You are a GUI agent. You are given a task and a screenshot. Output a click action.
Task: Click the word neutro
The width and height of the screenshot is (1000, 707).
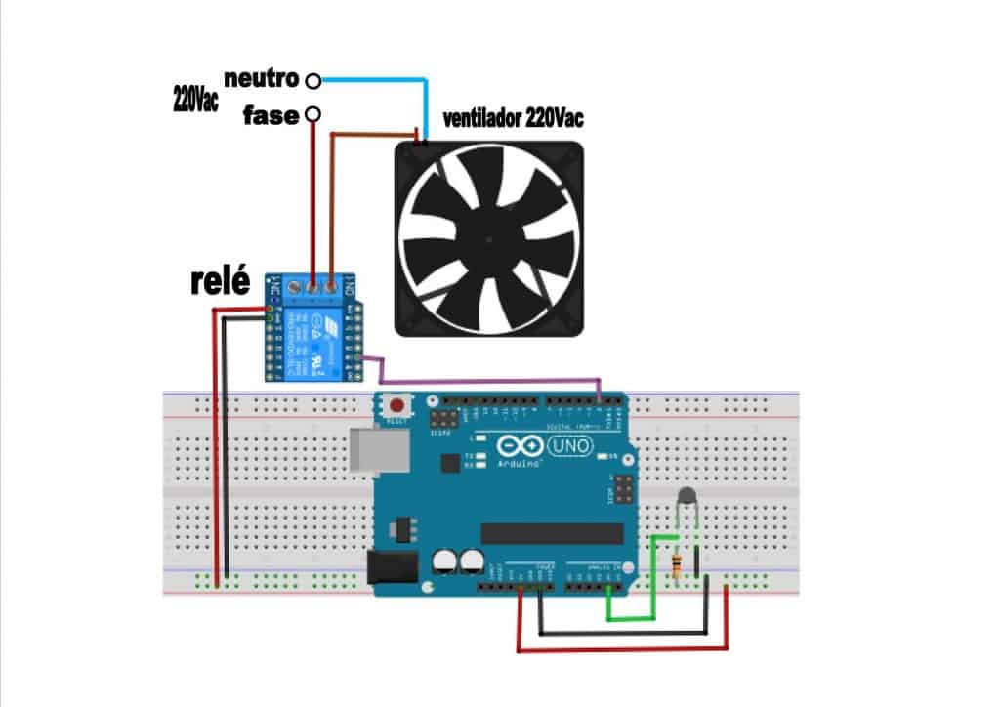pos(261,77)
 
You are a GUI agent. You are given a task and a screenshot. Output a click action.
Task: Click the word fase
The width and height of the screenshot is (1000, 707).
pos(271,115)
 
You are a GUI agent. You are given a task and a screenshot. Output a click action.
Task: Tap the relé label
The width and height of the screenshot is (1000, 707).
pos(220,283)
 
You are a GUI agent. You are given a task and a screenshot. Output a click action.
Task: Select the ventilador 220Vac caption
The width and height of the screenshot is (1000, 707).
pos(514,119)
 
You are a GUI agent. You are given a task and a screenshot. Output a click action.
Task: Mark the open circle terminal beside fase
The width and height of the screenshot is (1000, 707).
pos(312,115)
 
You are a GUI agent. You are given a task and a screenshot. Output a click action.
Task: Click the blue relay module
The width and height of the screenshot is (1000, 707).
pos(314,332)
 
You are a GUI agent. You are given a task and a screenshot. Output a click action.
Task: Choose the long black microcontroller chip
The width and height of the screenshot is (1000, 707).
pos(552,532)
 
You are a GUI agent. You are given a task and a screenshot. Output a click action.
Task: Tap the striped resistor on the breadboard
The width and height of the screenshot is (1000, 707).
pos(677,563)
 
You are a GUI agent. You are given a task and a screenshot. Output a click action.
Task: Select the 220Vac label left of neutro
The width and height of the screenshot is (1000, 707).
pos(195,99)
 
